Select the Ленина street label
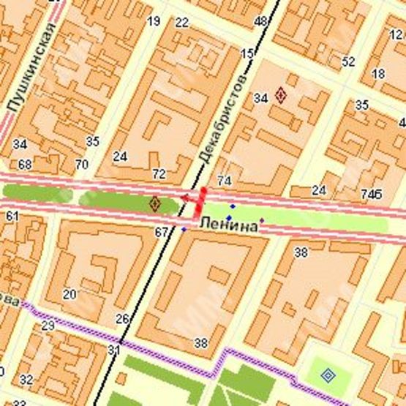pos(228,228)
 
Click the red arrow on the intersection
pos(189,198)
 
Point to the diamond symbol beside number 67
pos(154,203)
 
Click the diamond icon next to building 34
pos(281,94)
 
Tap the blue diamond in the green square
pos(328,376)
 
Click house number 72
pos(159,174)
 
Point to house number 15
pos(247,53)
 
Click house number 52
pos(348,61)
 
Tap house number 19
pos(154,21)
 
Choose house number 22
pos(182,22)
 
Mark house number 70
pos(81,165)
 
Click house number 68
pos(25,165)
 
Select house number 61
pos(12,216)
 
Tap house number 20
pos(69,294)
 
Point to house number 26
pos(123,318)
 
